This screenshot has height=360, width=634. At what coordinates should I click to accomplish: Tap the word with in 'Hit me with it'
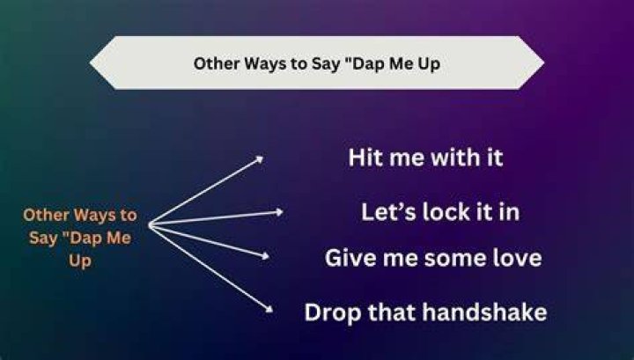point(453,158)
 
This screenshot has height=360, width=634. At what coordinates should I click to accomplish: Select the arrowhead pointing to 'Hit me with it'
point(260,159)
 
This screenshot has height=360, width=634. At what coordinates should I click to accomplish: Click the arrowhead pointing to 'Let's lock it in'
point(279,212)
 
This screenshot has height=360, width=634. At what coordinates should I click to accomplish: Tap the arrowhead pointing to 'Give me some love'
point(265,255)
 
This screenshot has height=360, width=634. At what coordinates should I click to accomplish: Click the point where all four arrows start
point(150,224)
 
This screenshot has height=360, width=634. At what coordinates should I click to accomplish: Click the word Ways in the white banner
point(265,64)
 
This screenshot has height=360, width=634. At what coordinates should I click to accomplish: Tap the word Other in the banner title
point(217,63)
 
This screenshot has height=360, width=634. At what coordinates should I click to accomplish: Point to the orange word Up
point(80,261)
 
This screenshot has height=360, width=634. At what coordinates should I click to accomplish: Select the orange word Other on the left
point(46,215)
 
